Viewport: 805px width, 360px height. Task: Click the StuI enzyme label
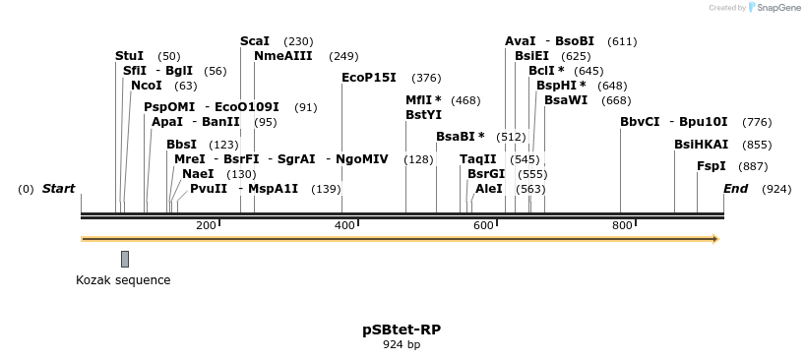(129, 56)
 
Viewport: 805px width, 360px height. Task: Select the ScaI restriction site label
(255, 41)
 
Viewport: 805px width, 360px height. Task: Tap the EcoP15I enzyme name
(369, 78)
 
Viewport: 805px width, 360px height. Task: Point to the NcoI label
(146, 86)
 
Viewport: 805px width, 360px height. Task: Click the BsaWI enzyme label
(566, 100)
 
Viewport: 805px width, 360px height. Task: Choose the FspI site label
(712, 166)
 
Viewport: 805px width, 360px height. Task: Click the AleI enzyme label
(489, 188)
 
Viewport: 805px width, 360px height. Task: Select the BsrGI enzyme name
(486, 173)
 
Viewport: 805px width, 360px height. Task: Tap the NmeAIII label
(283, 56)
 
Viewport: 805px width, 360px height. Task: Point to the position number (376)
(426, 78)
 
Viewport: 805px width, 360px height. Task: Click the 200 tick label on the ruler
(206, 226)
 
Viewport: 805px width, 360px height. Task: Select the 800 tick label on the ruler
(622, 226)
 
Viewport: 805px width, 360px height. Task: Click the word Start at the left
(58, 188)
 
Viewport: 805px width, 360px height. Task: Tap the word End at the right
(735, 188)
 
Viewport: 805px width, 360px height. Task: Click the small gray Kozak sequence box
(125, 259)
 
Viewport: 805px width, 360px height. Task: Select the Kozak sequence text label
(123, 280)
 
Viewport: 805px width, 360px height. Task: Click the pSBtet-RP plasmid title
(402, 330)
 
